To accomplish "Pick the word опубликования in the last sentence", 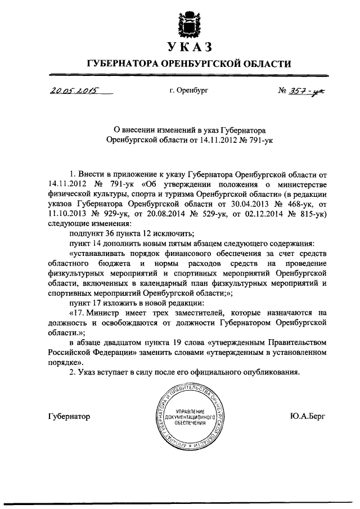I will (x=268, y=372).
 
